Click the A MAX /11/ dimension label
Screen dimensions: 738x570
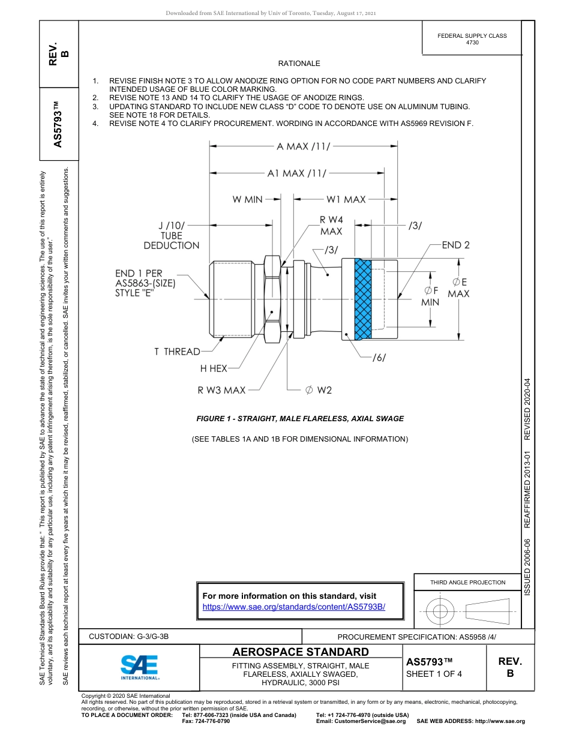[x=303, y=146]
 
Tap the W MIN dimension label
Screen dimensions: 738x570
[x=247, y=199]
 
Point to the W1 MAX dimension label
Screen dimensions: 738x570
[x=346, y=199]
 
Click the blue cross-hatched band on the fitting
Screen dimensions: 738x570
[x=363, y=299]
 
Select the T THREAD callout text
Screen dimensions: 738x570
[x=177, y=352]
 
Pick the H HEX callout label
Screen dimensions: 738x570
[x=214, y=368]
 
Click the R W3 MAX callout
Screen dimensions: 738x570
[x=221, y=391]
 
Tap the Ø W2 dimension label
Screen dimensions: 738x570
[x=318, y=391]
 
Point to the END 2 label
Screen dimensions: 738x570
[x=455, y=245]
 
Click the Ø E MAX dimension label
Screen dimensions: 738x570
[x=459, y=287]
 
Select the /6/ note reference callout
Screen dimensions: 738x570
[x=379, y=358]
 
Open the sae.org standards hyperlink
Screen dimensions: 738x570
[x=293, y=607]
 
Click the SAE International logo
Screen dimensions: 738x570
[x=139, y=667]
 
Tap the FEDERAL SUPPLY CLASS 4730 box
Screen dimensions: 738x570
[x=472, y=39]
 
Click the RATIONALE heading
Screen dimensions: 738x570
[x=299, y=64]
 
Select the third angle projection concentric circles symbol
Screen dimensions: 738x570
[x=440, y=611]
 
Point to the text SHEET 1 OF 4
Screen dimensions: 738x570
[x=434, y=673]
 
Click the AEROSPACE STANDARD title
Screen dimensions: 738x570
[x=301, y=652]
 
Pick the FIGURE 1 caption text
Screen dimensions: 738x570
[x=300, y=419]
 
